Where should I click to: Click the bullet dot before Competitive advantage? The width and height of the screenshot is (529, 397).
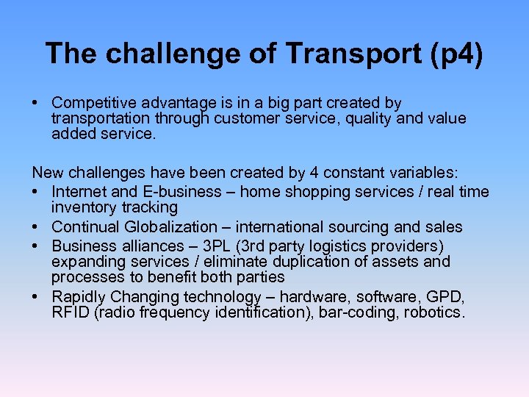click(x=36, y=104)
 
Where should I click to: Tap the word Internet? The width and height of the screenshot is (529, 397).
click(x=78, y=192)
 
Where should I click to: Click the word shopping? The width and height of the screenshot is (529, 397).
click(x=305, y=192)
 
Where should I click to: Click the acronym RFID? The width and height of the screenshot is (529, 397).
click(x=68, y=313)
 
